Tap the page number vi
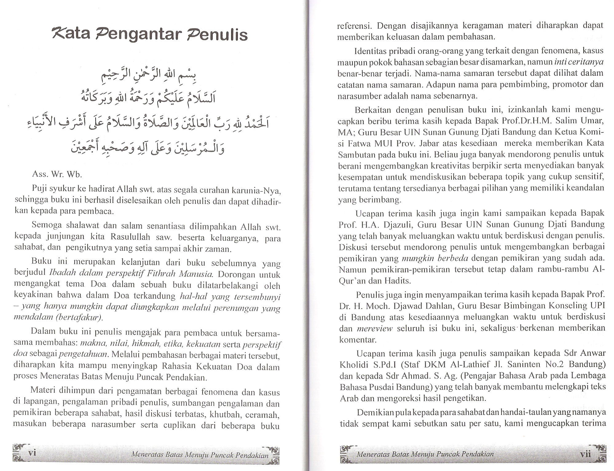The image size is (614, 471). (32, 453)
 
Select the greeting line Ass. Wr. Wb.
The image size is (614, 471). (57, 175)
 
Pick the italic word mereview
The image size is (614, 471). (375, 328)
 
